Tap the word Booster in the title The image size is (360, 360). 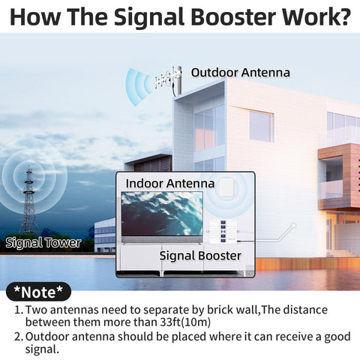coord(232,17)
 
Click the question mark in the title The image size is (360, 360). coord(343,17)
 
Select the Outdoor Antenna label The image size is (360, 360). coord(240,73)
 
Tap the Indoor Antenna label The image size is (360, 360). coord(170,183)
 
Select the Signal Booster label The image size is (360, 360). coord(200,256)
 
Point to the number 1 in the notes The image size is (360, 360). coord(17,309)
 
